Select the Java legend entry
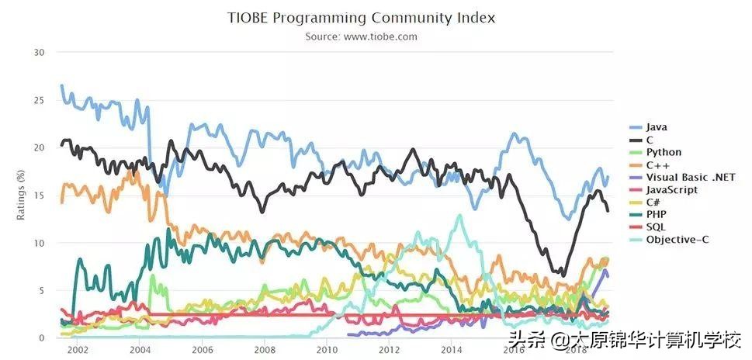point(656,126)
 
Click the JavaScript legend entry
point(671,189)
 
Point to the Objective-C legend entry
point(674,240)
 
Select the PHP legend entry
point(656,214)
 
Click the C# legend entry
point(653,202)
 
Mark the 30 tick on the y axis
point(40,53)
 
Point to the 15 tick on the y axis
point(40,196)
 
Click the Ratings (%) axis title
point(21,196)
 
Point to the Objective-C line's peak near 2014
point(460,216)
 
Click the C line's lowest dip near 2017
point(562,275)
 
